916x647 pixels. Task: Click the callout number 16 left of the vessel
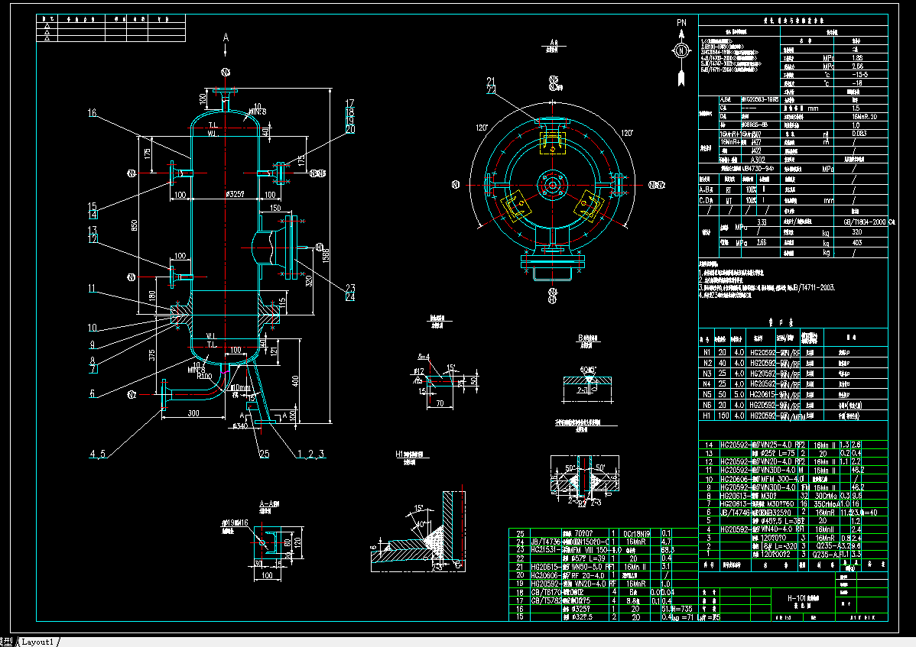pyautogui.click(x=92, y=113)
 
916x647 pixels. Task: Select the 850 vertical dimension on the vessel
pyautogui.click(x=135, y=225)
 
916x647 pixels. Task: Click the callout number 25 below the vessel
pyautogui.click(x=264, y=454)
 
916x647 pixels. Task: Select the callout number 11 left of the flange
pyautogui.click(x=92, y=289)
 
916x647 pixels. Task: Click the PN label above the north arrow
pyautogui.click(x=681, y=24)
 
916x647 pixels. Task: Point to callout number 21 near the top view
pyautogui.click(x=491, y=81)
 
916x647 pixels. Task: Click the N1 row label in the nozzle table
pyautogui.click(x=706, y=352)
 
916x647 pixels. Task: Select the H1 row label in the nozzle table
pyautogui.click(x=706, y=416)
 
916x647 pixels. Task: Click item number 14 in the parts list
pyautogui.click(x=707, y=445)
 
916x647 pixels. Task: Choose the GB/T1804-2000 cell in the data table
pyautogui.click(x=857, y=221)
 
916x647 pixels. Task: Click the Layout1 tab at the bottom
pyautogui.click(x=37, y=641)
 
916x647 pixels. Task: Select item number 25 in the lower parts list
pyautogui.click(x=521, y=533)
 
